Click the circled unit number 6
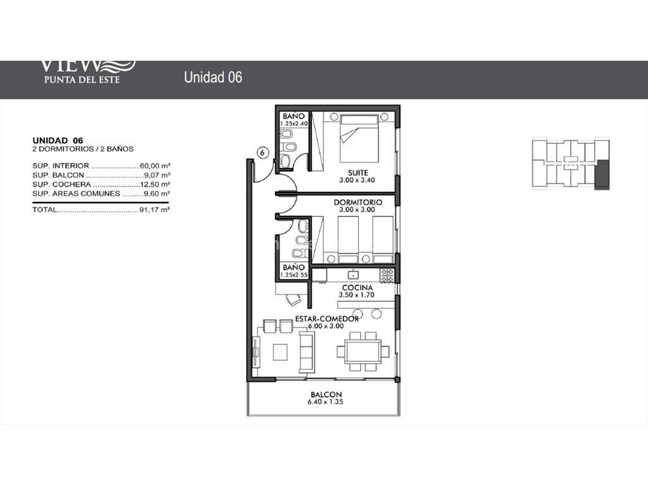[263, 153]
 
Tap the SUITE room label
[358, 173]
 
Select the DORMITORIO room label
[358, 202]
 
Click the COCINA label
[358, 288]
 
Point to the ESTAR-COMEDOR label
[327, 319]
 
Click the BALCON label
[326, 395]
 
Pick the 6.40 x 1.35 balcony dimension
[325, 402]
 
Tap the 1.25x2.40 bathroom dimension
[294, 123]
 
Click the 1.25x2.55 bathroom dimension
[294, 275]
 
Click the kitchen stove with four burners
[387, 276]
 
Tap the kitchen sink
[353, 275]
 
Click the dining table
[363, 352]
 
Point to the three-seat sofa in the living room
[307, 352]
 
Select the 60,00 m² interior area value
[155, 166]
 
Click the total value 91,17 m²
[154, 209]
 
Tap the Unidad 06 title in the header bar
[213, 77]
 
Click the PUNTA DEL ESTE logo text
[82, 79]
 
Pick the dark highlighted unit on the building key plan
[602, 175]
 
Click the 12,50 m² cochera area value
[155, 184]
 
